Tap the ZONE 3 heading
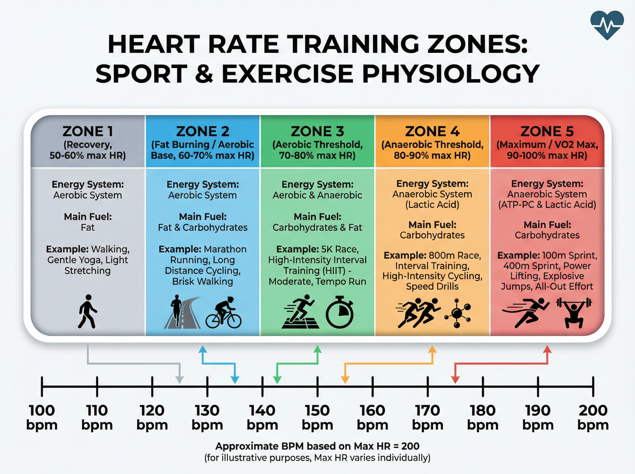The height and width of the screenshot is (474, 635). coord(317,131)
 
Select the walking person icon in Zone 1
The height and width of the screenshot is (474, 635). coord(88,312)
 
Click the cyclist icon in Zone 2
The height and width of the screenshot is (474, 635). coord(224,313)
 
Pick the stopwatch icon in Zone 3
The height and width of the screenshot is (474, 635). coord(339,312)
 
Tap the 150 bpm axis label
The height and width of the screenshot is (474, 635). coord(317,417)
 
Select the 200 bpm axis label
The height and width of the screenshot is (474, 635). coord(593,417)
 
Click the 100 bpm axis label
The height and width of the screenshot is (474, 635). coord(42,417)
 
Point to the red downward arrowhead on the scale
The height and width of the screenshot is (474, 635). coord(455,380)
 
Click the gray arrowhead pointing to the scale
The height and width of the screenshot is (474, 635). coord(180,380)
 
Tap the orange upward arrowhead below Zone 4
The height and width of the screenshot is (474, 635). coord(432,349)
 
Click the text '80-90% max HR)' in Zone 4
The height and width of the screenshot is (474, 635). coord(432,156)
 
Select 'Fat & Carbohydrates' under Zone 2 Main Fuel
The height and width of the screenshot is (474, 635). coord(203,227)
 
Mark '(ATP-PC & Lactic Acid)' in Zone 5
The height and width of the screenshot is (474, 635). coord(547,204)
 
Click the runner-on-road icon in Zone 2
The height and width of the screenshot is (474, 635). coord(183,312)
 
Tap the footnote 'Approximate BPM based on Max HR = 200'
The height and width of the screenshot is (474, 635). coord(317,446)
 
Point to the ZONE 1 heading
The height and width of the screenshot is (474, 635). coord(88,131)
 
